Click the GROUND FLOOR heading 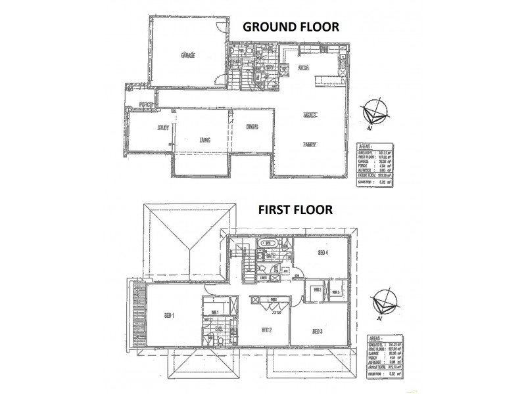(x=291, y=27)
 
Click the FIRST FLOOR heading (x=295, y=210)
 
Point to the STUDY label (x=164, y=128)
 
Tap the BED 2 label (x=266, y=330)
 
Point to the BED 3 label (x=318, y=330)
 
